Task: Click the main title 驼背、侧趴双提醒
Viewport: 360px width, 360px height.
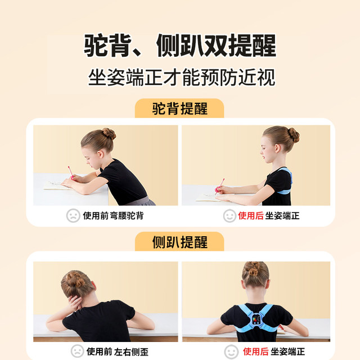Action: pos(180,44)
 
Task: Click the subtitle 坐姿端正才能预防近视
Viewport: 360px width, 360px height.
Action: pos(180,77)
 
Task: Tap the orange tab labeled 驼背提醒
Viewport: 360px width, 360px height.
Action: pos(180,109)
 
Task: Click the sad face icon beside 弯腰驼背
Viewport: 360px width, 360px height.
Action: pos(73,215)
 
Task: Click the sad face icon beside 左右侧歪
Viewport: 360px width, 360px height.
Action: pos(77,351)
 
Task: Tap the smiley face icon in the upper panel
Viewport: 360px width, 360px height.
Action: pos(229,215)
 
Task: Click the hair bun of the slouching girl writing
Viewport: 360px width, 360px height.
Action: pos(109,134)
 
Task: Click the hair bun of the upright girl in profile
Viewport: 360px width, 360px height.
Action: pos(293,135)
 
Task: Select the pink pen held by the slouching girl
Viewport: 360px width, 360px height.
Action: pos(71,172)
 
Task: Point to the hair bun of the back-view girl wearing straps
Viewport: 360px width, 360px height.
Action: pos(255,269)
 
